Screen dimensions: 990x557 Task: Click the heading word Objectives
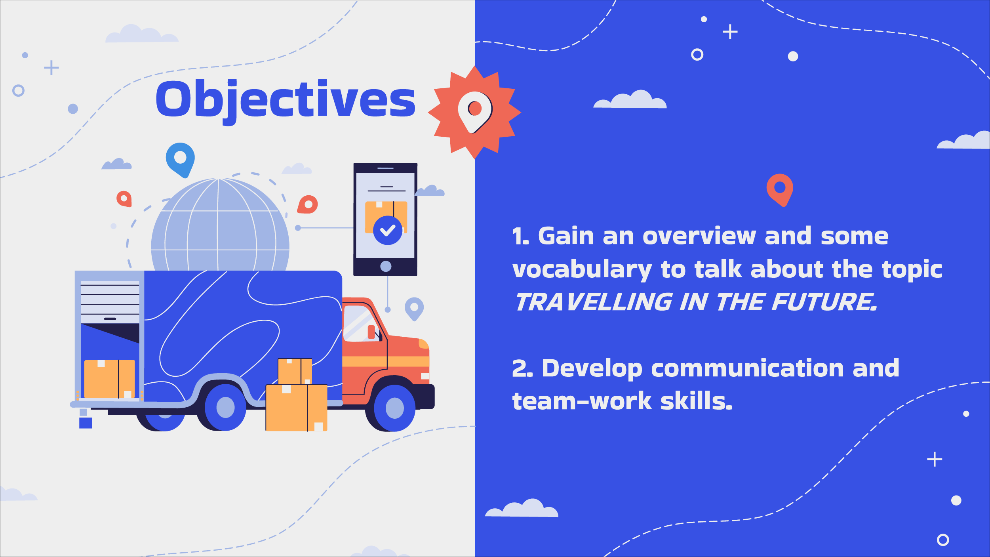(286, 101)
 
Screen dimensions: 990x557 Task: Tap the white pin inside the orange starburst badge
(474, 112)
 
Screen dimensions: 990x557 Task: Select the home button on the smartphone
(386, 266)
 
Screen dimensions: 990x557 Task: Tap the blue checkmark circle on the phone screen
(388, 230)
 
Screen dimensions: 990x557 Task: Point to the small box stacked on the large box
(295, 371)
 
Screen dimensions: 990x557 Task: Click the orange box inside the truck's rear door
(110, 379)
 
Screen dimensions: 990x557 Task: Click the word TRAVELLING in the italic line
(594, 302)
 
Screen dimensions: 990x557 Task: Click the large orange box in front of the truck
(297, 408)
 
